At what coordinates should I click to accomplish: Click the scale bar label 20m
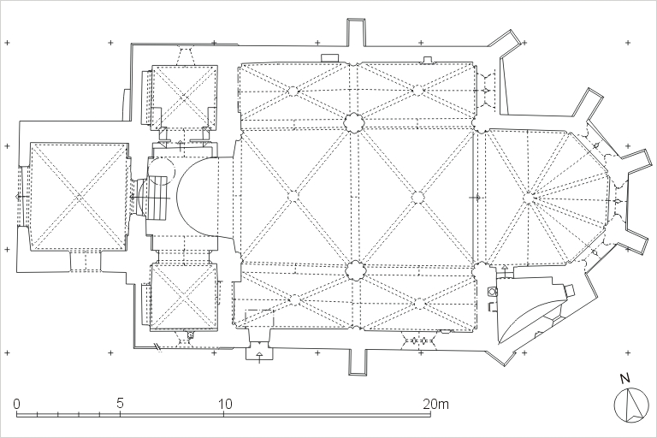[x=435, y=404]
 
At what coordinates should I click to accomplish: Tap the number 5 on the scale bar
[x=121, y=404]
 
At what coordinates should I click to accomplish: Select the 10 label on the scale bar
[x=225, y=404]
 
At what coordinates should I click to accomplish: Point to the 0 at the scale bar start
[x=16, y=404]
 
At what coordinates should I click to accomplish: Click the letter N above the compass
[x=624, y=378]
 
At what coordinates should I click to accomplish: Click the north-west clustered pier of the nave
[x=353, y=123]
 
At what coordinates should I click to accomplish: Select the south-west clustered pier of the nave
[x=355, y=270]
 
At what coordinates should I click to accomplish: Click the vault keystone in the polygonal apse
[x=528, y=197]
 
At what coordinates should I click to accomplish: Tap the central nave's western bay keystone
[x=293, y=196]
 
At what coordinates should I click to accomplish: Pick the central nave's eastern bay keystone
[x=417, y=197]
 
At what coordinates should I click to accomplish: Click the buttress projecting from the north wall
[x=356, y=33]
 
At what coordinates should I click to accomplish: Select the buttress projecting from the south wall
[x=358, y=361]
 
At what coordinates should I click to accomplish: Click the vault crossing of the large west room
[x=79, y=196]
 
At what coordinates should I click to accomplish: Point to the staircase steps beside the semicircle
[x=157, y=197]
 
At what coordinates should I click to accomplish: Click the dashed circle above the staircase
[x=162, y=171]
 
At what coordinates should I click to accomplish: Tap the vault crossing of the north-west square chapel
[x=184, y=97]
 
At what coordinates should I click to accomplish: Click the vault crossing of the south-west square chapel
[x=184, y=296]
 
